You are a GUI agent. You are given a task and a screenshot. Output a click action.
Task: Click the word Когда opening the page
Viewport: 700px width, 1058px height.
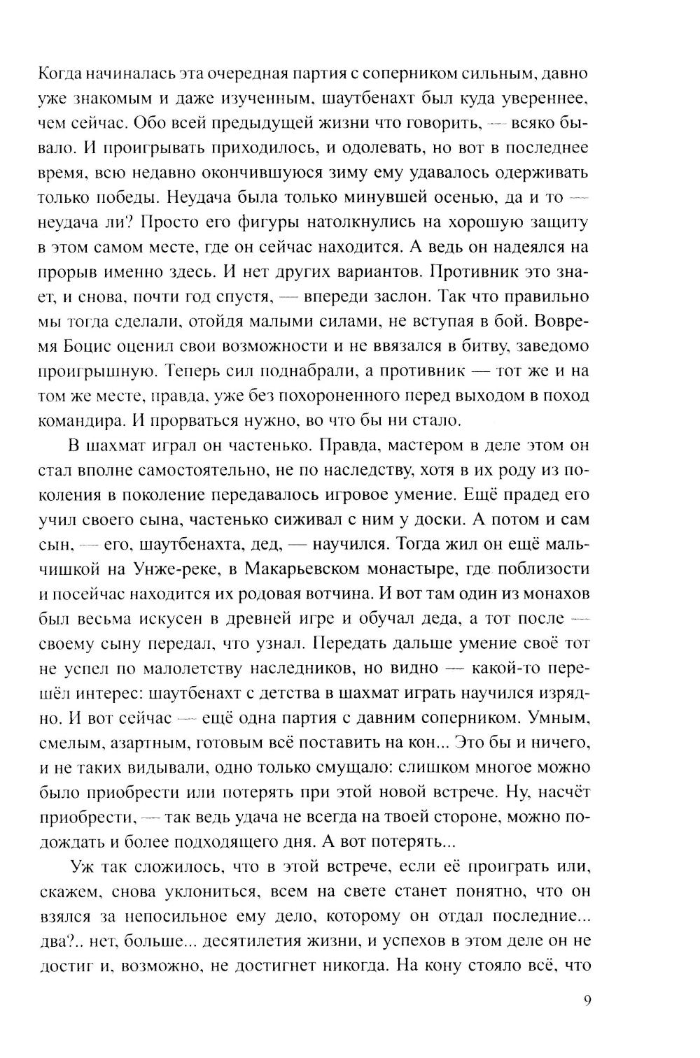tap(63, 73)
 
